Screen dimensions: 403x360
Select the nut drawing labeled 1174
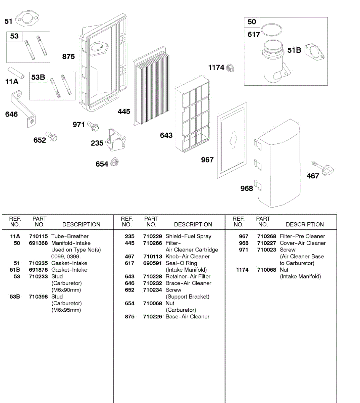pos(230,69)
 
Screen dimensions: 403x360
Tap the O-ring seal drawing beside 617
pos(271,30)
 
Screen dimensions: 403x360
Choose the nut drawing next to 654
pos(114,163)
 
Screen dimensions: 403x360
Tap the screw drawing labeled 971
pos(93,126)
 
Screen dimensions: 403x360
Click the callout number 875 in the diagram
pos(68,57)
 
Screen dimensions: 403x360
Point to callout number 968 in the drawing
pos(247,189)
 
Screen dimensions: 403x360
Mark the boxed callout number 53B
pos(38,77)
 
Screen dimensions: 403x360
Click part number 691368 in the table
pos(38,243)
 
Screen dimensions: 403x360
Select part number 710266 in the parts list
pos(152,243)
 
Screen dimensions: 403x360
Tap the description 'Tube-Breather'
pos(70,236)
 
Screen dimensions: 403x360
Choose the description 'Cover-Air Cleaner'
pos(303,243)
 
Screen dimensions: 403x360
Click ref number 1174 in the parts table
pos(242,270)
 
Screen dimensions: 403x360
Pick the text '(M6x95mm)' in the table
pos(66,310)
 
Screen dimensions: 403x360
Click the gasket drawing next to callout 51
pos(27,19)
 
